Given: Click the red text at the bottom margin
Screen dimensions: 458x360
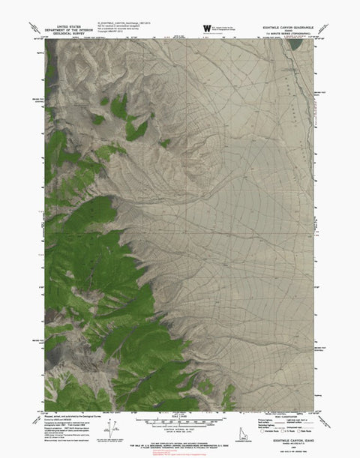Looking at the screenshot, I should click(x=179, y=451).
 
